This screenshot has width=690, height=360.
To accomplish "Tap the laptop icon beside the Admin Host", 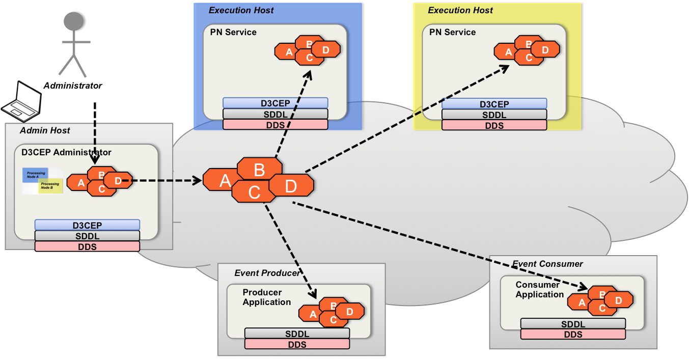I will pyautogui.click(x=21, y=101).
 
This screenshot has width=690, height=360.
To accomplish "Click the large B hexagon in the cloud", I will pyautogui.click(x=259, y=169).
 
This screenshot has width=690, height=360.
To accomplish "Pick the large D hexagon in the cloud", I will pyautogui.click(x=291, y=186).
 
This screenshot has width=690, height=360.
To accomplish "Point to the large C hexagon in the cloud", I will pyautogui.click(x=255, y=192).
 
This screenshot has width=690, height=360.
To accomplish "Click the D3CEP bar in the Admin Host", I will pyautogui.click(x=87, y=225).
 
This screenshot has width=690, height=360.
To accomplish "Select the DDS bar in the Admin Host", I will pyautogui.click(x=87, y=246).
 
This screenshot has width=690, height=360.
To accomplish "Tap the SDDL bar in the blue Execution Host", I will pyautogui.click(x=275, y=114).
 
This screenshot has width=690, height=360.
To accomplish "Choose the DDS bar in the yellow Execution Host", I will pyautogui.click(x=494, y=125).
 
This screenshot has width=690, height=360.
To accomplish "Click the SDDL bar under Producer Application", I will pyautogui.click(x=297, y=334).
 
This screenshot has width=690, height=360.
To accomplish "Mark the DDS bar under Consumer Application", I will pyautogui.click(x=573, y=335).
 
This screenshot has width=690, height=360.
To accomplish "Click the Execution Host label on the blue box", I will pyautogui.click(x=241, y=10).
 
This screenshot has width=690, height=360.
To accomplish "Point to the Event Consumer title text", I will pyautogui.click(x=547, y=264).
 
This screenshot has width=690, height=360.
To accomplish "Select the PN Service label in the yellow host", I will pyautogui.click(x=453, y=32).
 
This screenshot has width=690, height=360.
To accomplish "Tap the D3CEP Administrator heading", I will pyautogui.click(x=66, y=152).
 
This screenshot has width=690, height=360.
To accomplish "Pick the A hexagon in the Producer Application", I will pyautogui.click(x=313, y=315).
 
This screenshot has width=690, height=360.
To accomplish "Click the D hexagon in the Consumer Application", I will pyautogui.click(x=619, y=300).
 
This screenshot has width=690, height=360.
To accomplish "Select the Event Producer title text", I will pyautogui.click(x=267, y=273).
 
